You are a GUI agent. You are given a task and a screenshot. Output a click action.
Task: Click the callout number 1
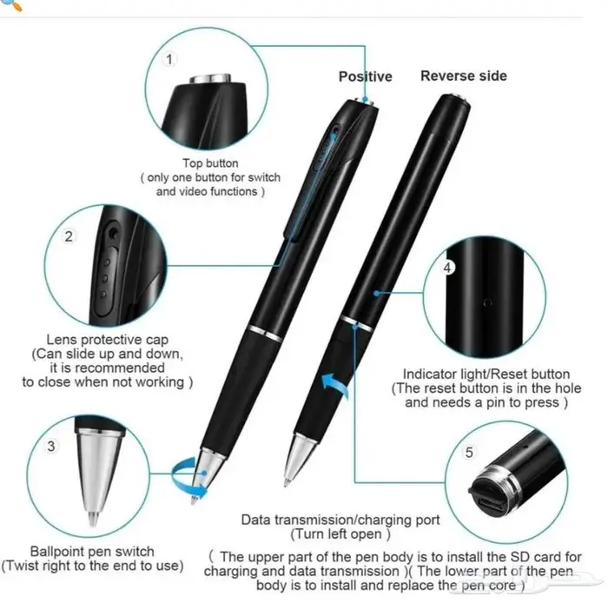(x=169, y=59)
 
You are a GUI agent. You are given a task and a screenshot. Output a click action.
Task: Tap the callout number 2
(x=69, y=236)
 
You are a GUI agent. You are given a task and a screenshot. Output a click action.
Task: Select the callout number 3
(x=50, y=446)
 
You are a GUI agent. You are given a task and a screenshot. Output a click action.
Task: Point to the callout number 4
(x=447, y=268)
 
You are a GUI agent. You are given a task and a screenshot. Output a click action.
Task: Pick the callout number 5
(x=469, y=452)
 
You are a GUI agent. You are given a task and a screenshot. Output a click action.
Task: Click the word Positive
(x=366, y=76)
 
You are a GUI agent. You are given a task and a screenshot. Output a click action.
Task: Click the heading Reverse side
(x=464, y=76)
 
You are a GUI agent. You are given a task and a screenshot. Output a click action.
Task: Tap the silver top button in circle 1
(x=210, y=78)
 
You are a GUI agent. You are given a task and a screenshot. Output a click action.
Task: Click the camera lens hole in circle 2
(x=113, y=233)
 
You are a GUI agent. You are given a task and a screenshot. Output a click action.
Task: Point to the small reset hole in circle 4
(x=488, y=302)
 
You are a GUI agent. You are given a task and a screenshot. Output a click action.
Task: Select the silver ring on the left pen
(x=265, y=334)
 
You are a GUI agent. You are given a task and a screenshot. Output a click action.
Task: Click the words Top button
(x=210, y=163)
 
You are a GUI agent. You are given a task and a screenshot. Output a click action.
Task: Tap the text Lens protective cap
(x=108, y=340)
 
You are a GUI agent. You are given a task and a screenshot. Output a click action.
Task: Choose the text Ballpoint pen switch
(x=92, y=552)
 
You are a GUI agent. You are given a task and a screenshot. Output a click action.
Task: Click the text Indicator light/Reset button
(x=486, y=374)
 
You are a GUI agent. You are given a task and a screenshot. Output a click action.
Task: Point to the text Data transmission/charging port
(x=340, y=520)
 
